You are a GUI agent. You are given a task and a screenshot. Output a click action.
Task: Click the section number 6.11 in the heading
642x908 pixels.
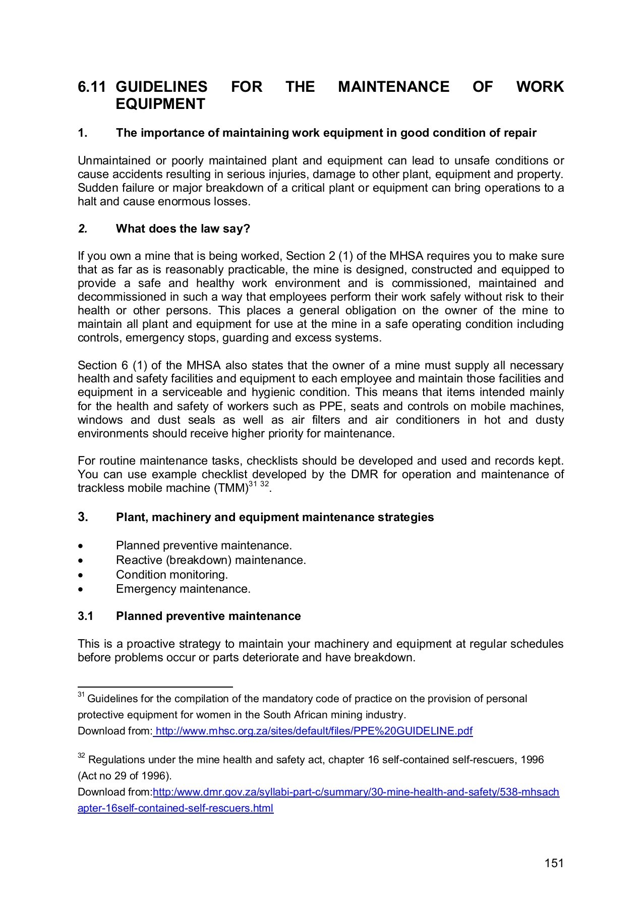click(x=91, y=87)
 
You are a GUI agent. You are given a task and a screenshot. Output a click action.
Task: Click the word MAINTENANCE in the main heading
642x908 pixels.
click(x=393, y=87)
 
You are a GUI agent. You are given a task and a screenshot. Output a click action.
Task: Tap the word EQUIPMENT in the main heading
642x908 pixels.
click(x=160, y=104)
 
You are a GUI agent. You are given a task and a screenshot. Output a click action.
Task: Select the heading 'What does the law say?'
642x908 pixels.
click(x=183, y=229)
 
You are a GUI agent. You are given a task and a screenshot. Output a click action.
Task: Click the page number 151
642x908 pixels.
click(x=554, y=863)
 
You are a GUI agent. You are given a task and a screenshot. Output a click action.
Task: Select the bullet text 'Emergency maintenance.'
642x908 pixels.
click(x=183, y=589)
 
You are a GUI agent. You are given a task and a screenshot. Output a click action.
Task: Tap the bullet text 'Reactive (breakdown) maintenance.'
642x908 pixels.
click(x=211, y=560)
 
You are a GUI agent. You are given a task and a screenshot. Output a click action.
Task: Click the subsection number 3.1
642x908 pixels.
click(x=86, y=616)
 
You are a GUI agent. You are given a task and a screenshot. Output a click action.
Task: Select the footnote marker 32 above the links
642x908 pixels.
click(x=81, y=756)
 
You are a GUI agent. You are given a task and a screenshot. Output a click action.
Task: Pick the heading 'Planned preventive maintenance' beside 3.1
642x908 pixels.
click(x=208, y=616)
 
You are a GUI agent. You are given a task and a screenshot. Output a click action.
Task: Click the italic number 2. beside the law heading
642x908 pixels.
click(x=82, y=229)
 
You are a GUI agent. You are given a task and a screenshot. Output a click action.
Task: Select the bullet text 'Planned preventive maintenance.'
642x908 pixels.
click(x=204, y=545)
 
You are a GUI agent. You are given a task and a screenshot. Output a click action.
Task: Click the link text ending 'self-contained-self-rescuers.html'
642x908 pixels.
click(x=176, y=808)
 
